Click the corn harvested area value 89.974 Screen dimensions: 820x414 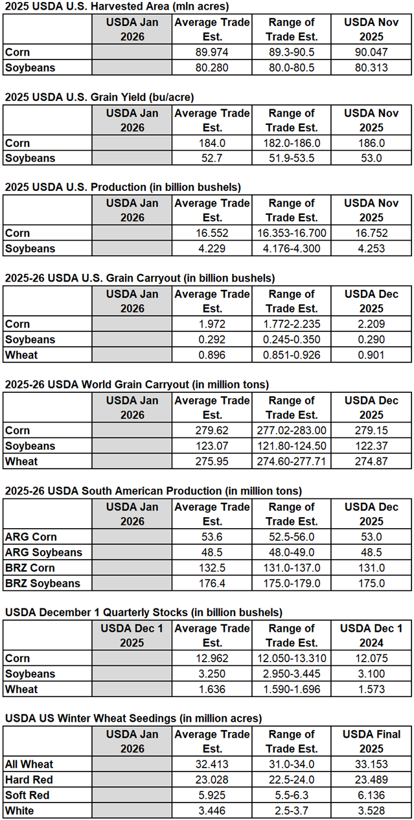click(211, 52)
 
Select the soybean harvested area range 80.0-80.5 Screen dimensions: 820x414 click(292, 68)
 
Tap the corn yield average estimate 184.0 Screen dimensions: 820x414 click(211, 143)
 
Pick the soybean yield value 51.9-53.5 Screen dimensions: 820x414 click(292, 159)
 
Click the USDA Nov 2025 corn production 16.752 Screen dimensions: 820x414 click(372, 234)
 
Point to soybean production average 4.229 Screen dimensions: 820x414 click(211, 249)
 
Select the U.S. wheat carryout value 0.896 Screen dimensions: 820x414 click(211, 355)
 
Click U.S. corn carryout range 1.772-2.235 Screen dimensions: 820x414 click(292, 324)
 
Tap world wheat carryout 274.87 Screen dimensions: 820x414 click(372, 461)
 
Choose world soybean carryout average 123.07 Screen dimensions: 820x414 click(211, 446)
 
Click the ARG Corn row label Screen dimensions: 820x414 click(31, 537)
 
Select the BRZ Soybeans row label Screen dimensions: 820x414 click(43, 583)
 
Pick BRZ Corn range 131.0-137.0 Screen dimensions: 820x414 click(292, 568)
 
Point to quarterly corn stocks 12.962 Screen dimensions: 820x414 click(211, 658)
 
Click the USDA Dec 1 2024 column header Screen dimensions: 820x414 click(372, 635)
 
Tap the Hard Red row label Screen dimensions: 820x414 click(27, 780)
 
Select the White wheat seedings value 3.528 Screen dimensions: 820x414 click(372, 810)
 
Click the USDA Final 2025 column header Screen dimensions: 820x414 click(372, 741)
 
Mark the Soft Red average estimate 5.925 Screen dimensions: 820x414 click(211, 795)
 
